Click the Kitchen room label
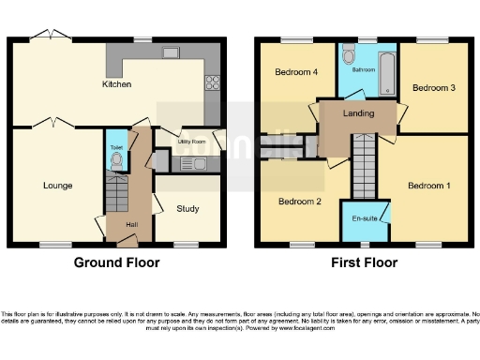pos(116,85)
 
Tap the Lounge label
pos(57,186)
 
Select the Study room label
pos(187,209)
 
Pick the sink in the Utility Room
pos(196,164)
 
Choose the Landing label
pos(358,114)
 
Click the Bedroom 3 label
pos(433,88)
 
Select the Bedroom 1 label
pos(428,186)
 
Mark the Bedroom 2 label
pos(300,201)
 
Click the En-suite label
pos(365,217)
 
